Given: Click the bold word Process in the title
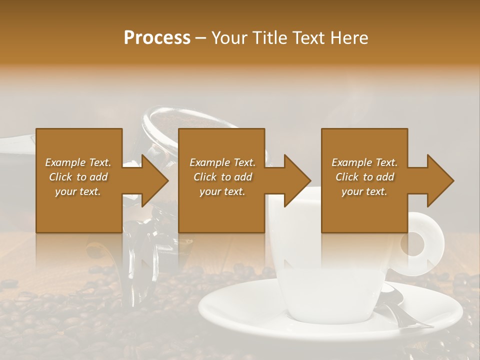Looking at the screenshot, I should click(x=157, y=38).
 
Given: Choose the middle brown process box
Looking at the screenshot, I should click(x=221, y=210).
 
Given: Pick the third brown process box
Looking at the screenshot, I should click(x=364, y=210).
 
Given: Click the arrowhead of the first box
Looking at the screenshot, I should click(x=155, y=180).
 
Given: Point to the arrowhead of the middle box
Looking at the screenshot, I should click(x=297, y=180).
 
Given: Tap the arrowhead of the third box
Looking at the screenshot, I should click(x=440, y=180).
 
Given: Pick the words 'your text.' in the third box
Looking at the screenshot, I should click(x=364, y=191).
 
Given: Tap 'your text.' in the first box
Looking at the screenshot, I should click(x=78, y=191).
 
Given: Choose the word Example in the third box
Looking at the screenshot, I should click(x=351, y=162).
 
